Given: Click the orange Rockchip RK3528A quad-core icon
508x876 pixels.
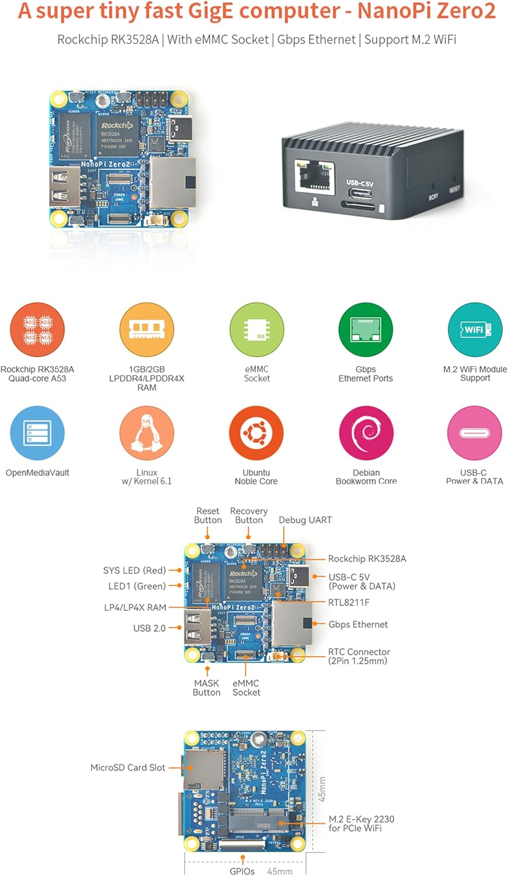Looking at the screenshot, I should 37,330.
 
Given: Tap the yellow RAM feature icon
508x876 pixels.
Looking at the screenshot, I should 147,330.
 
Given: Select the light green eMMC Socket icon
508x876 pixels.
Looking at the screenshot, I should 256,330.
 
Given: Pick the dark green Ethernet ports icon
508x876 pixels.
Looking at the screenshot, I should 366,330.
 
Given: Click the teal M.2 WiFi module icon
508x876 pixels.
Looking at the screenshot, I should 475,330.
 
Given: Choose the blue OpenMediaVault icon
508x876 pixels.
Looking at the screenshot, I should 37,433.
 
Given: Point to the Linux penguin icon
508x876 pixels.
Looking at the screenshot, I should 147,433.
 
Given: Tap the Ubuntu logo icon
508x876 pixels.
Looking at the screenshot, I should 256,433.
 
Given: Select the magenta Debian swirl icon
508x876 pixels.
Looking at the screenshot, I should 366,433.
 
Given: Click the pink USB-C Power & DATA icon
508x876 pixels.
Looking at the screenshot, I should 475,433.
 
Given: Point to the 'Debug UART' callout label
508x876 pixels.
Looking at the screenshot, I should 305,520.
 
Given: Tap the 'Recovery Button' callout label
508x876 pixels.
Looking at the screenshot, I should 249,516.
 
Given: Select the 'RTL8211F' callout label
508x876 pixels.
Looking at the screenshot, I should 349,602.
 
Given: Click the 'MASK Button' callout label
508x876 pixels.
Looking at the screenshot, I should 207,687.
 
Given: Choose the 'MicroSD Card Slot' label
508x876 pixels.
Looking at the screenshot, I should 128,767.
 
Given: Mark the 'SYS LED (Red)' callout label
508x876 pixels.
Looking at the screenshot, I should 134,570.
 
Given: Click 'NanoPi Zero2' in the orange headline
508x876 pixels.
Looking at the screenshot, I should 426,11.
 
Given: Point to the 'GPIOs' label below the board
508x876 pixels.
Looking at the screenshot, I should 242,871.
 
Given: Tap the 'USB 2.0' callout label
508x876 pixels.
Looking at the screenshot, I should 149,628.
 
